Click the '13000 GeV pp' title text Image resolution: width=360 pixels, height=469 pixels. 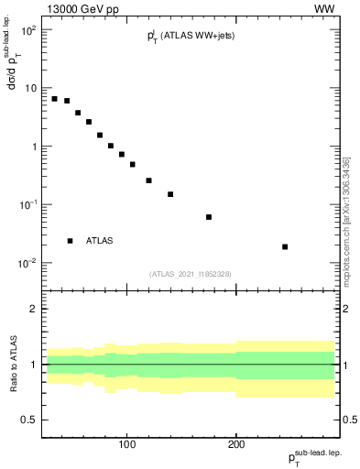click(80, 8)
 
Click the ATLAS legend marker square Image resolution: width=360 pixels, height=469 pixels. click(70, 241)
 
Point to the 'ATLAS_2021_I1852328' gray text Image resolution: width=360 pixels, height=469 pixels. click(191, 274)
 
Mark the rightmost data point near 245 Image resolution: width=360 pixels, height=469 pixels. click(285, 246)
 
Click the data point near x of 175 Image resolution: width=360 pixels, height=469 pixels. click(209, 217)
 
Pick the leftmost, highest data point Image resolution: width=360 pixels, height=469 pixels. click(55, 99)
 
